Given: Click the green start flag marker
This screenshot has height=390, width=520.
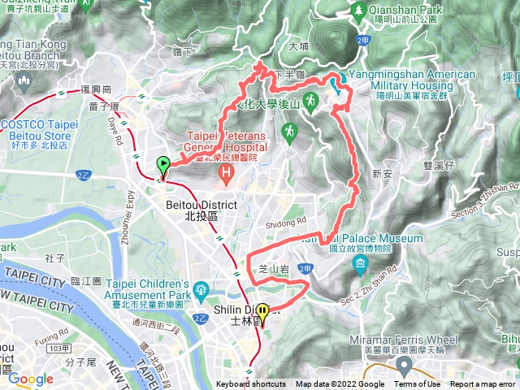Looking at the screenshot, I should click(162, 166).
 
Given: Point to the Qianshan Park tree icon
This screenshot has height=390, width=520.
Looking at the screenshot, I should click(358, 10).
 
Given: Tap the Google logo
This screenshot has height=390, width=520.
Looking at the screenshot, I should click(30, 379).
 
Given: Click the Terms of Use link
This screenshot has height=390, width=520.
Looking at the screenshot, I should click(418, 384).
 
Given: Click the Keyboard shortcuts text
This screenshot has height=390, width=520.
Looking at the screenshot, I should click(251, 384).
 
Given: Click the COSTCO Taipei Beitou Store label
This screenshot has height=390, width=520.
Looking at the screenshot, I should click(40, 130).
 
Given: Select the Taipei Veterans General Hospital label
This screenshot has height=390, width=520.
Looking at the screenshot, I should click(227, 142).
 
